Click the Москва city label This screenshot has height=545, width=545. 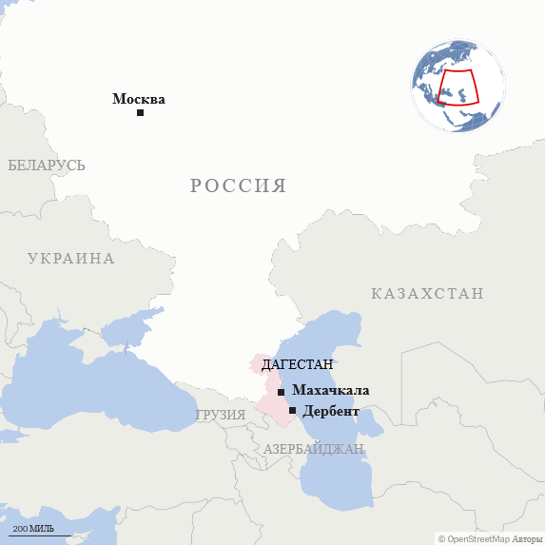coord(139,99)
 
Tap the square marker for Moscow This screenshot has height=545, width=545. coord(140,113)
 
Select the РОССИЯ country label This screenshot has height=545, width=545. coord(238,185)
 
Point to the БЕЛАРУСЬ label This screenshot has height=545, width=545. coord(47,165)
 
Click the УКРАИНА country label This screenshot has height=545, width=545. coord(70,259)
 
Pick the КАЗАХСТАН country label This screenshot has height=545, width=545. coord(427,294)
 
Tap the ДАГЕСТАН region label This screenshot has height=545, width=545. coord(297,364)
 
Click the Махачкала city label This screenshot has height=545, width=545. coord(331,390)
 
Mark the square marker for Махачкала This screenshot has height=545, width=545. coord(281,392)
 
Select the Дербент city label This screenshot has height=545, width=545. coord(331,411)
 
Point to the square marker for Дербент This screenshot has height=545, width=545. coord(292,411)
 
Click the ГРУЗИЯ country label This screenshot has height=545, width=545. coord(221,415)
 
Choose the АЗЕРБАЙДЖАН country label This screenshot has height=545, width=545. coord(314,449)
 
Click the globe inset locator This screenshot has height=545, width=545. coord(457,86)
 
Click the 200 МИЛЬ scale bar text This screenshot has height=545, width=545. coord(32,528)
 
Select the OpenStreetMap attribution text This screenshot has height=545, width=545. coord(478,538)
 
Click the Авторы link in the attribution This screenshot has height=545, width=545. coord(528,538)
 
